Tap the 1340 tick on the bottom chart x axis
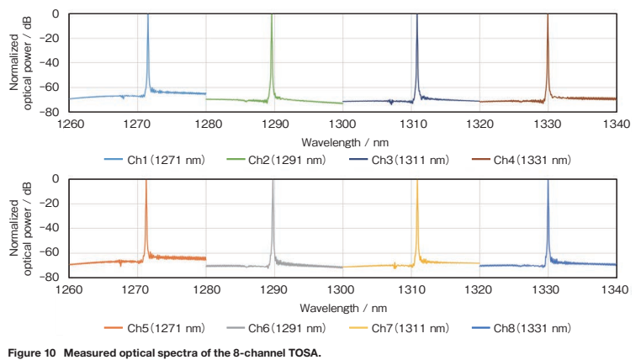pos(617,289)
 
